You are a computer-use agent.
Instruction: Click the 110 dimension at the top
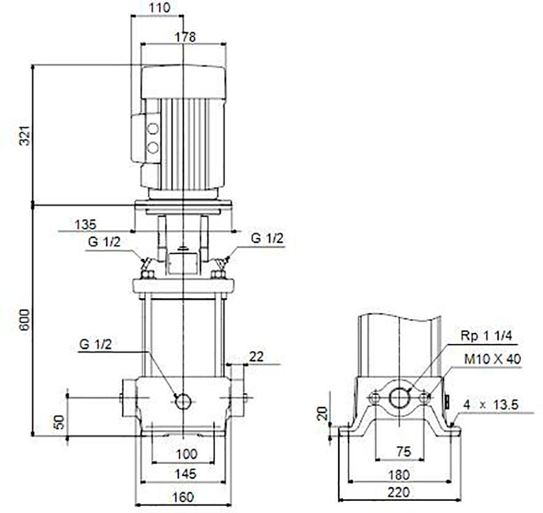[159, 8]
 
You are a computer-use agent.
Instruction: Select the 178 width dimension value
[185, 37]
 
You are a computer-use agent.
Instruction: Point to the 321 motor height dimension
[25, 136]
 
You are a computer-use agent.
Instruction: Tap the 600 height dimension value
[25, 319]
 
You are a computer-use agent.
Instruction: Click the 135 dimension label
[86, 225]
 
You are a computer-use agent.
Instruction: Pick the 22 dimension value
[256, 357]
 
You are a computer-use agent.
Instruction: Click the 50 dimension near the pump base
[60, 422]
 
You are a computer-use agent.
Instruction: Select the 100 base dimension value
[186, 454]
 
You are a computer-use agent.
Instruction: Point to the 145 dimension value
[185, 474]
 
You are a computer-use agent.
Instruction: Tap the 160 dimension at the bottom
[183, 497]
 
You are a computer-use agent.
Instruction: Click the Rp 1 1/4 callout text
[486, 335]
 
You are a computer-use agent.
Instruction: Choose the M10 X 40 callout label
[492, 359]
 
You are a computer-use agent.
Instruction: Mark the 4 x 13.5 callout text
[491, 404]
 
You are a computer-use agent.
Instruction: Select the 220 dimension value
[399, 492]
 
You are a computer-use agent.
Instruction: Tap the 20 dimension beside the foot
[322, 413]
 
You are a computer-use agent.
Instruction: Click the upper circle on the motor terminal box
[153, 129]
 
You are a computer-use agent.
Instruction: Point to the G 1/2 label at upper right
[267, 238]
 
